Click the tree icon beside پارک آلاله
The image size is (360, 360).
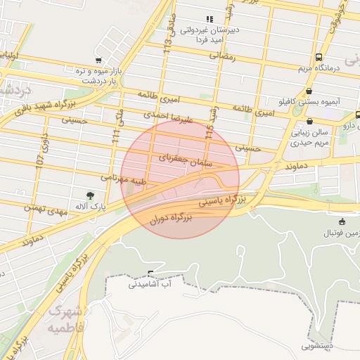point(90,195)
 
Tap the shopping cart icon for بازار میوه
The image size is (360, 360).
point(99,60)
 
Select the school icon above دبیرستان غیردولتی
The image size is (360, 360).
point(208,19)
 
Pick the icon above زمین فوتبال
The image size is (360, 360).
point(342,221)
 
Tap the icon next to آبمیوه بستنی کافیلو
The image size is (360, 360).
point(309,91)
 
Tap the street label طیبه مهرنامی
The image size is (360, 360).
point(124,180)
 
